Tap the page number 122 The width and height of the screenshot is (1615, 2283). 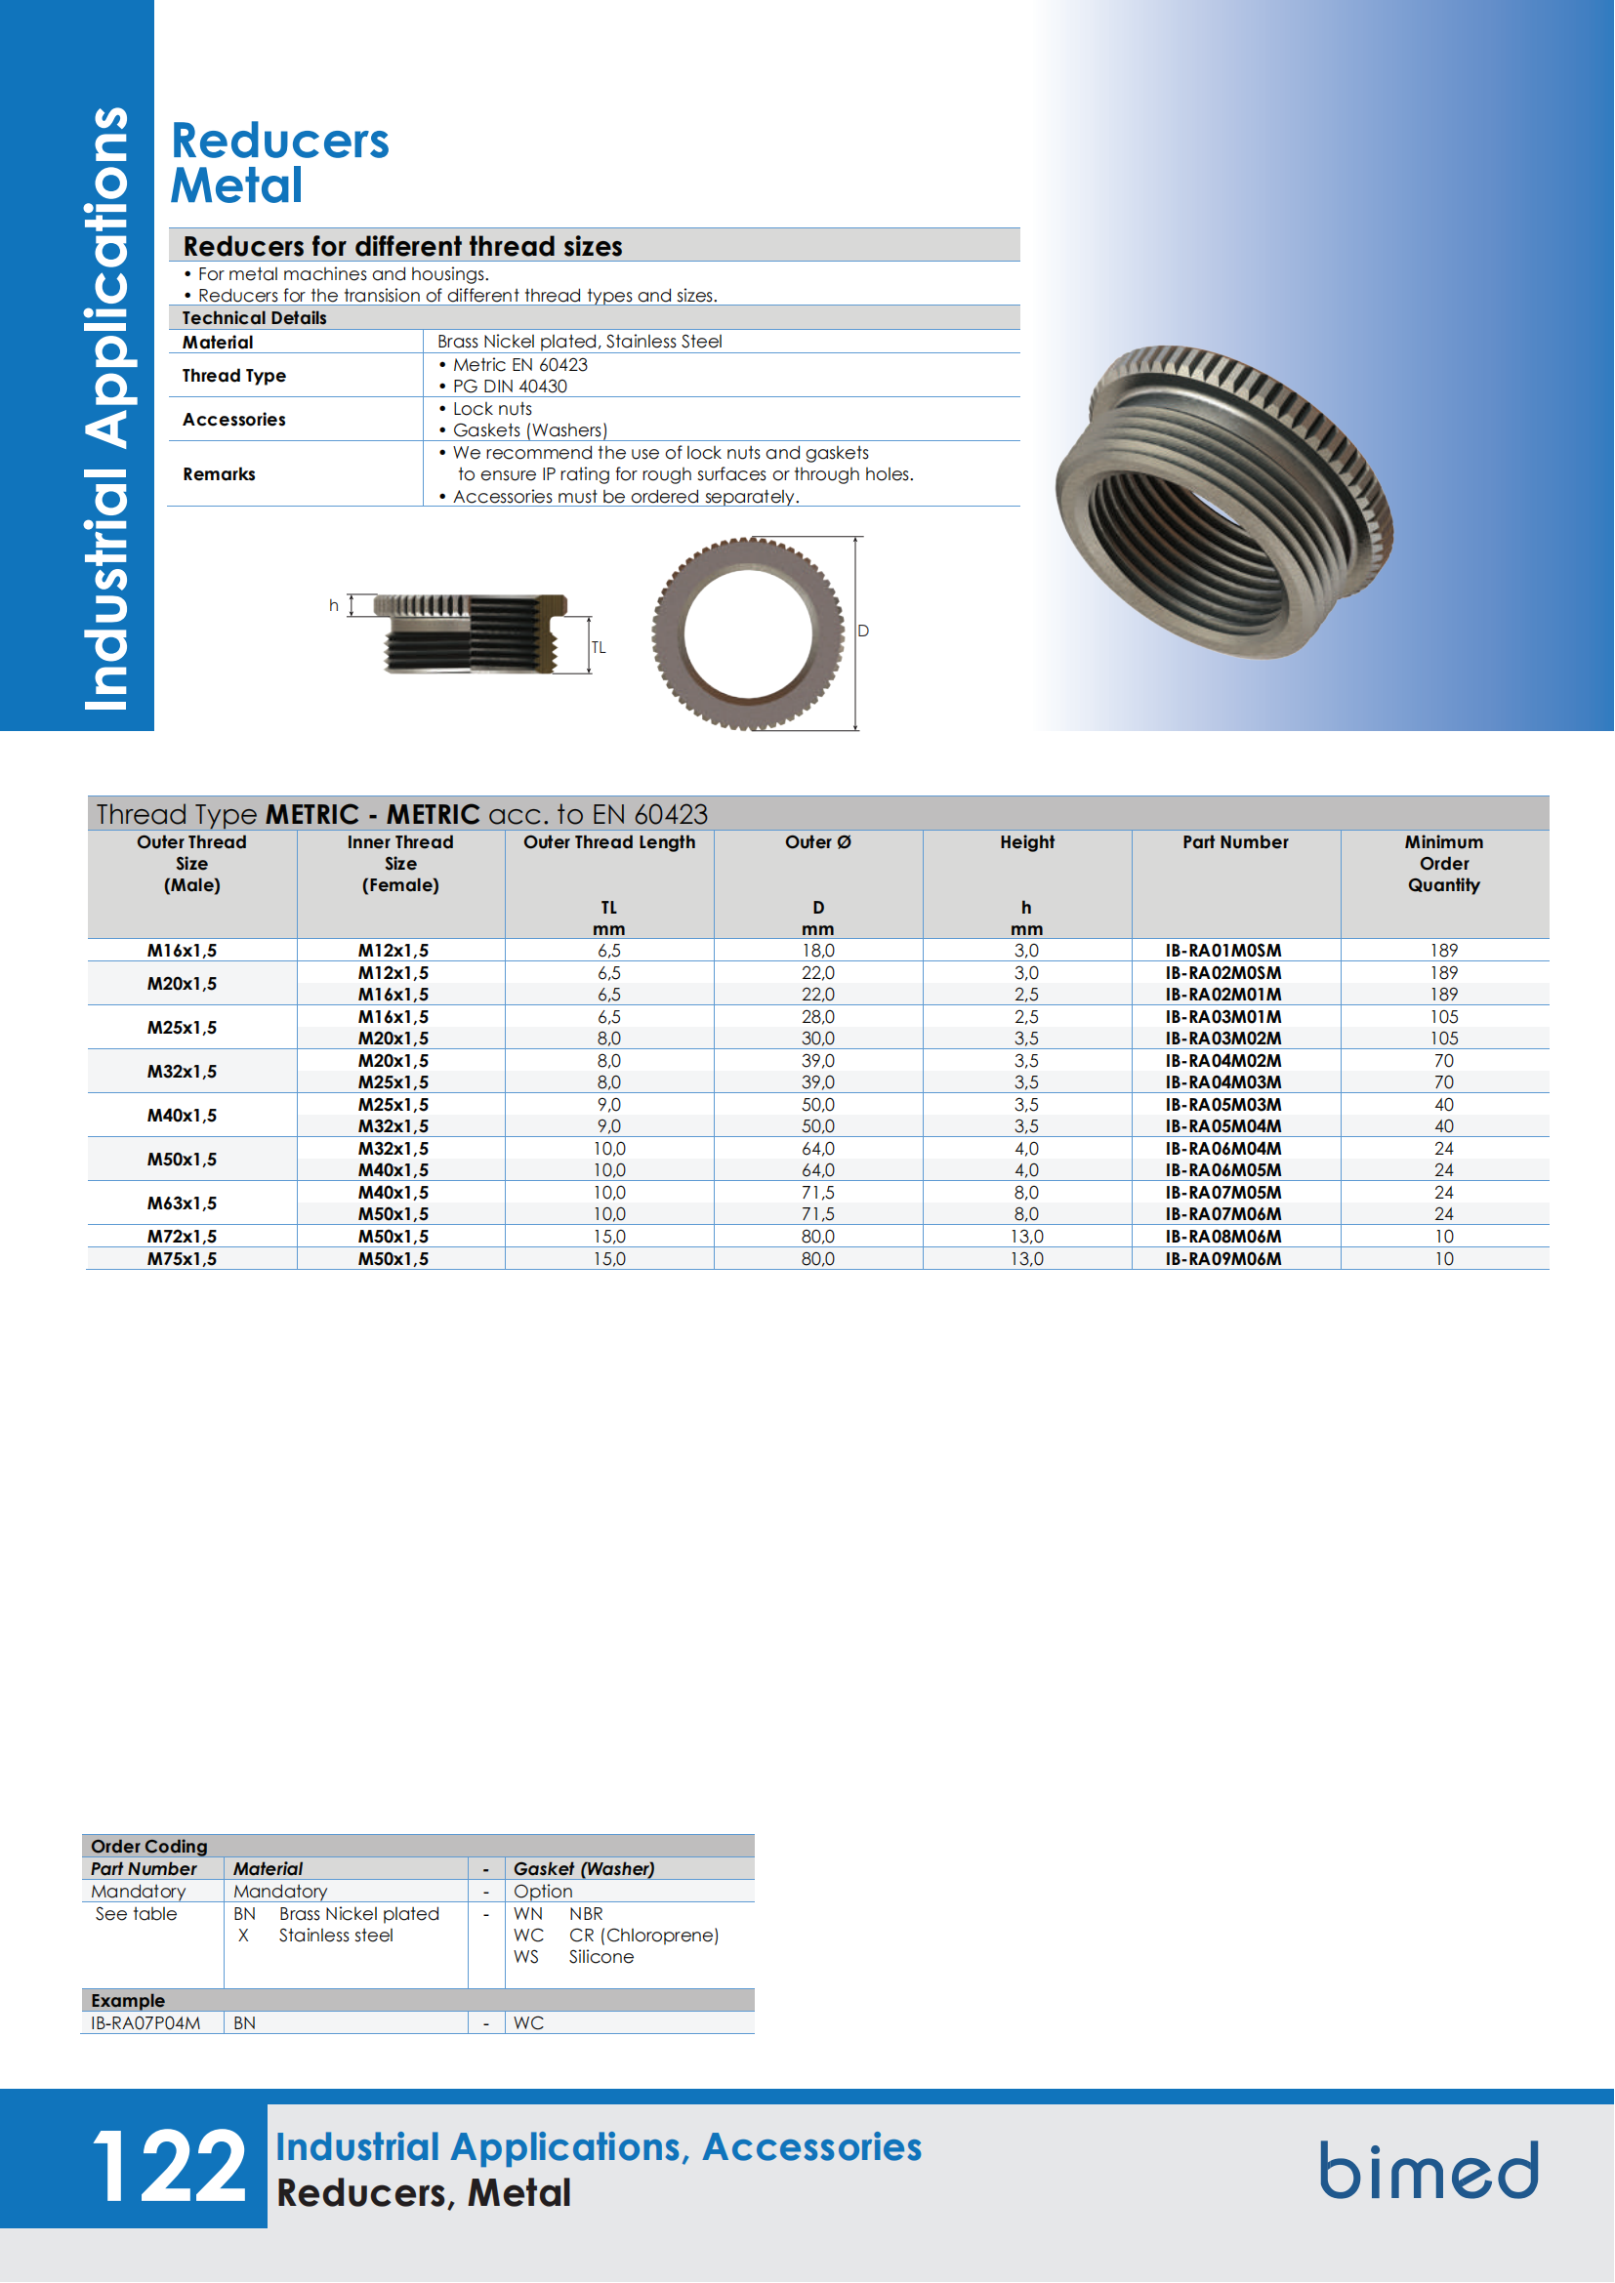168,2167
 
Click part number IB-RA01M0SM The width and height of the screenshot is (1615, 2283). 1223,951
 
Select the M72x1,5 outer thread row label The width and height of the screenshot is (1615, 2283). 182,1236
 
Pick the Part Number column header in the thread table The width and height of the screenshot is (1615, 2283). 1235,842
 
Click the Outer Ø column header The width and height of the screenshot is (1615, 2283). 817,842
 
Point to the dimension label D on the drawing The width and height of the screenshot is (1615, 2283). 863,631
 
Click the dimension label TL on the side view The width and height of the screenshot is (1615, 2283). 599,647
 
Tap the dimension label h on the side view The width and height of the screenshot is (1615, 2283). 334,604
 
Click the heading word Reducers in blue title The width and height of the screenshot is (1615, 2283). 280,142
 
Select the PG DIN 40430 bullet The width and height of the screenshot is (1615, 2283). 509,387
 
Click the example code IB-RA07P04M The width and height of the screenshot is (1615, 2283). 146,2022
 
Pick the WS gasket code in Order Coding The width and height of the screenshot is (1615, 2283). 526,1957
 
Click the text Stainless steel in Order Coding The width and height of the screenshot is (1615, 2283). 336,1935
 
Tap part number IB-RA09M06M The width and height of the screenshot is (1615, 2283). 1223,1259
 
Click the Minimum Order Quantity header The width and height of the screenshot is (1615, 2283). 1443,863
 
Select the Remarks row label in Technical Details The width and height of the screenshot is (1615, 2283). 219,474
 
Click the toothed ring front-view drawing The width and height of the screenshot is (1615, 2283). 748,633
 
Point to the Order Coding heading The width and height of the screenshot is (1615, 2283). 149,1846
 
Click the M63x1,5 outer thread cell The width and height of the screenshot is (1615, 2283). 182,1203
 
